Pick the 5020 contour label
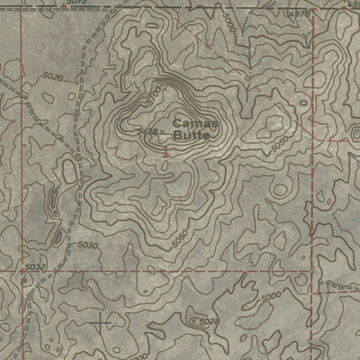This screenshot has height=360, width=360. click(52, 78)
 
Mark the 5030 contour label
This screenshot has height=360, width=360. click(87, 245)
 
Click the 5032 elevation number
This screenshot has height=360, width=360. click(34, 266)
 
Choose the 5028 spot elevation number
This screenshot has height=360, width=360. click(209, 320)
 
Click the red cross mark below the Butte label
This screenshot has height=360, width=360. click(167, 153)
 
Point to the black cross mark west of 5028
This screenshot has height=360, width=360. click(100, 319)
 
